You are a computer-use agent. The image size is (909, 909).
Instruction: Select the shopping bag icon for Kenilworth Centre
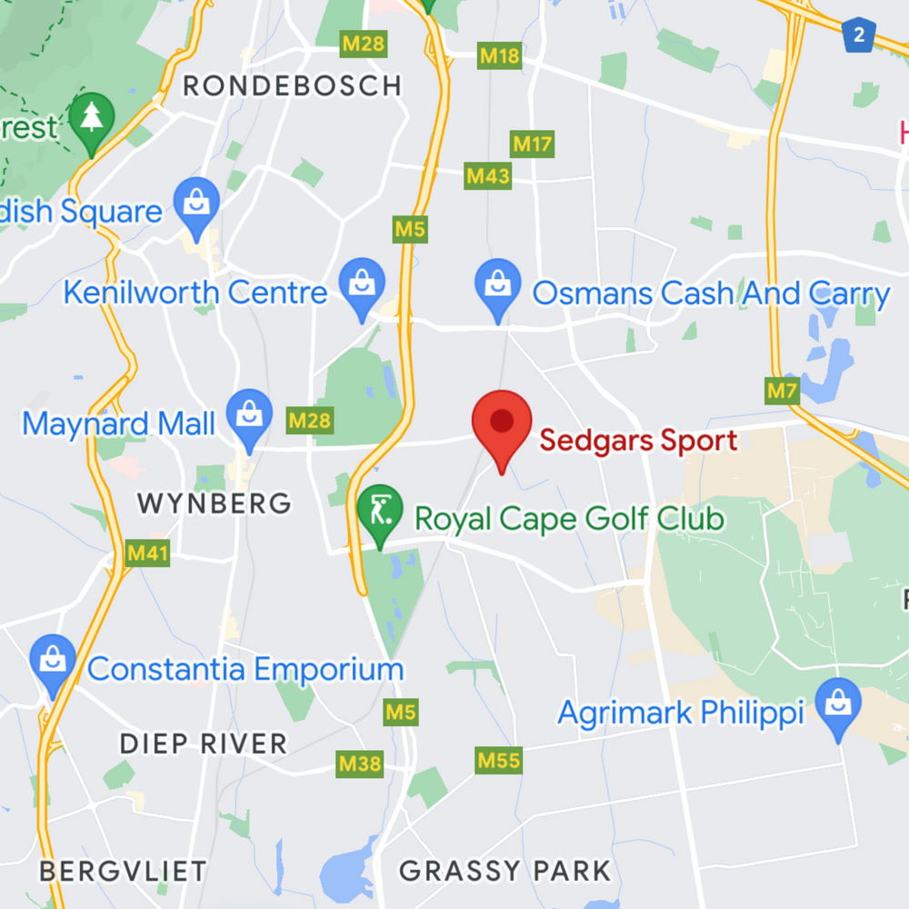tap(362, 284)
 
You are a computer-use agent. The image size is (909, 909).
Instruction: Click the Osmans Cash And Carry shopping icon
tap(497, 284)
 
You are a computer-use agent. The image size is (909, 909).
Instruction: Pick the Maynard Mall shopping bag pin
tap(249, 415)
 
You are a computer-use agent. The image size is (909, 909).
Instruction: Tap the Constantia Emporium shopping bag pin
tap(53, 661)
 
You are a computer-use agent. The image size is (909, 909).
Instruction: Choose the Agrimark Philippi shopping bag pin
tap(837, 704)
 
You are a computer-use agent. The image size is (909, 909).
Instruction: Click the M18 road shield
tap(500, 56)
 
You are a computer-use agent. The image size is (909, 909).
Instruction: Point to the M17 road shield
tap(533, 144)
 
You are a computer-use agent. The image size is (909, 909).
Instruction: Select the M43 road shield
tap(488, 175)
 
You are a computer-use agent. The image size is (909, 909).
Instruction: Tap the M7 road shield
tap(782, 392)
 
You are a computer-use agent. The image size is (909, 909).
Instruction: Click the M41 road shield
tap(147, 553)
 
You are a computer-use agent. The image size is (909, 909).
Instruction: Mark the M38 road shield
tap(360, 764)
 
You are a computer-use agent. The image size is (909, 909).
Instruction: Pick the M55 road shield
tap(499, 760)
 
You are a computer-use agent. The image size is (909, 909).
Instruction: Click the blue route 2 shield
tap(857, 35)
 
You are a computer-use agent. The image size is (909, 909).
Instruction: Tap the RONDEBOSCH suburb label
tap(292, 86)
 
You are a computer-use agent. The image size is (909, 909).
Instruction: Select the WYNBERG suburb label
tap(214, 503)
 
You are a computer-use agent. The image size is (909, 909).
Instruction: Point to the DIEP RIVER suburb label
tap(204, 744)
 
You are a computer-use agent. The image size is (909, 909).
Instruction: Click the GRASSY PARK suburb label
tap(504, 871)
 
